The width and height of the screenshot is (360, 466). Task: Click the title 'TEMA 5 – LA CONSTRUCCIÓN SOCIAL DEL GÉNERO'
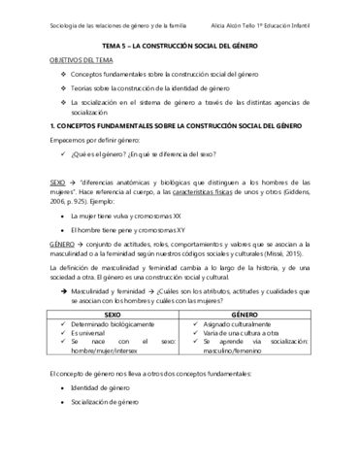180,45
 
